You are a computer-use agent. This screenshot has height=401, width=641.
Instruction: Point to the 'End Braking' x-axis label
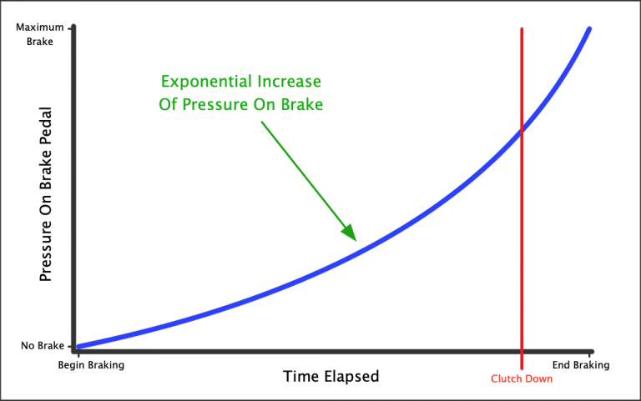click(581, 365)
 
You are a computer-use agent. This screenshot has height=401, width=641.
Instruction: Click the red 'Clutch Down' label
click(522, 378)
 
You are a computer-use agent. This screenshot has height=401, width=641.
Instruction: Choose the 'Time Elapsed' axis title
click(331, 376)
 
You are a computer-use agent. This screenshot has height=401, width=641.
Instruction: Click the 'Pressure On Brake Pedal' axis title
click(47, 193)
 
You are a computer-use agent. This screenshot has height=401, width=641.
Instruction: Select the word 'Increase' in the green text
click(291, 82)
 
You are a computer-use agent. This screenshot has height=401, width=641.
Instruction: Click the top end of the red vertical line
click(522, 30)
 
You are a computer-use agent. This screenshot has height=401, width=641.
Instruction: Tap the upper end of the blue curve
click(589, 29)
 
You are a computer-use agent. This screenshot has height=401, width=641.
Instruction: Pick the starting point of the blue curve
click(76, 347)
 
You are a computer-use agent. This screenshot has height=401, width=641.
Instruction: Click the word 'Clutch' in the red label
click(506, 378)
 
